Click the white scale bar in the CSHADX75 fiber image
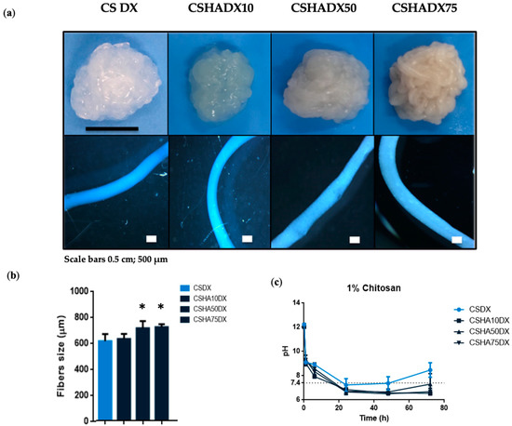[457, 240]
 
